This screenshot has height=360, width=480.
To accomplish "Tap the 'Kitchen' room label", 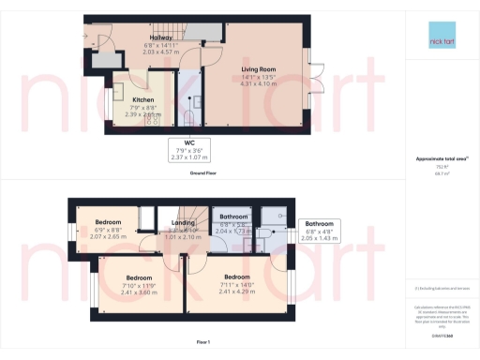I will [142, 98].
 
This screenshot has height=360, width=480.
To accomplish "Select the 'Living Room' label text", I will [258, 69].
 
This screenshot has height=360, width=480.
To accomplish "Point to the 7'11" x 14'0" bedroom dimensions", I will [237, 283].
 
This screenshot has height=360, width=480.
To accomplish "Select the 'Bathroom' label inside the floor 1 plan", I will [232, 217].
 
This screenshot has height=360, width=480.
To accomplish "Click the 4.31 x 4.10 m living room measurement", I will [258, 85].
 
